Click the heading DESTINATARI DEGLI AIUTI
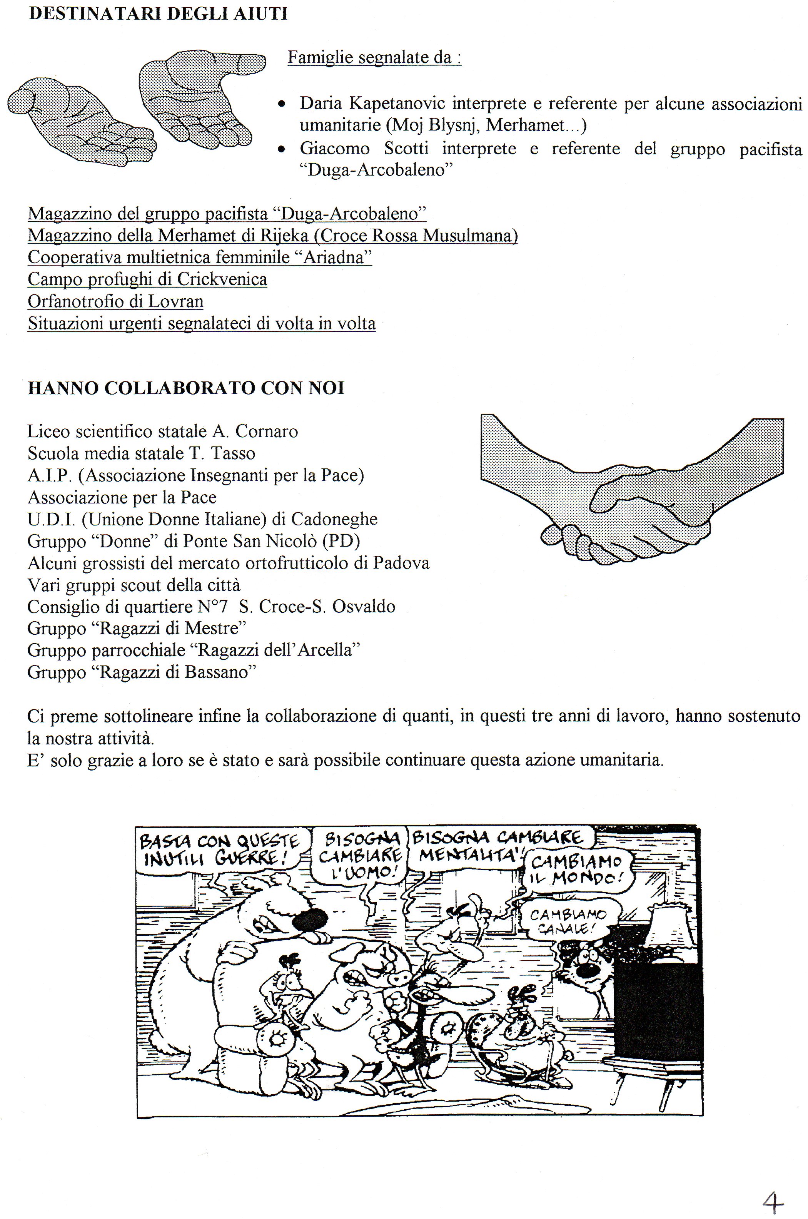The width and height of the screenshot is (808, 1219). point(158,13)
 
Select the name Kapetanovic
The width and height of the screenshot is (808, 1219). point(397,104)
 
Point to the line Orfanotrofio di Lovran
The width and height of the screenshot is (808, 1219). point(115,301)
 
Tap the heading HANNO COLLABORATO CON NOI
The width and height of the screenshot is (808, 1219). point(185,388)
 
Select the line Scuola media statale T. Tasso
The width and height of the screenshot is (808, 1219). point(141,453)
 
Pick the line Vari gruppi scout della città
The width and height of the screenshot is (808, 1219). point(134,585)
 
